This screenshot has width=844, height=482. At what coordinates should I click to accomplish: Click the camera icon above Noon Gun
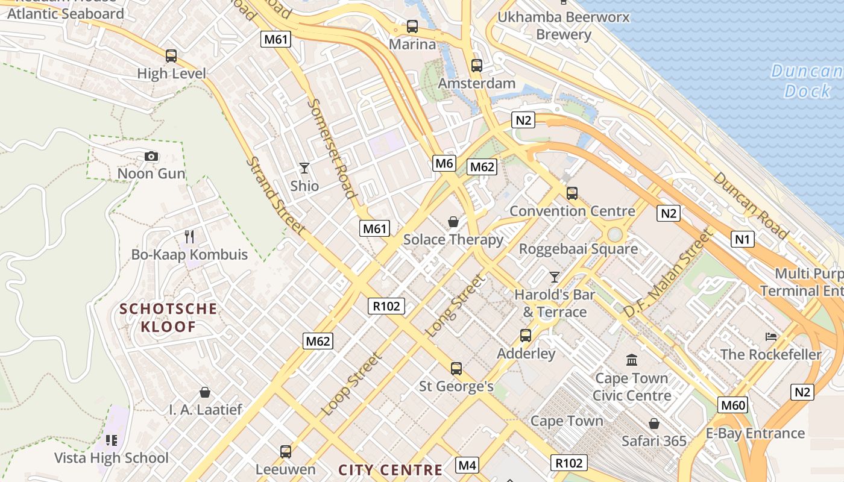pyautogui.click(x=151, y=157)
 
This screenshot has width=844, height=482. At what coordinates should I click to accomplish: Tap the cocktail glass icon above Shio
pyautogui.click(x=304, y=168)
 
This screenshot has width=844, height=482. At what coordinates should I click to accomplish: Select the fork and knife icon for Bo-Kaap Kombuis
pyautogui.click(x=189, y=236)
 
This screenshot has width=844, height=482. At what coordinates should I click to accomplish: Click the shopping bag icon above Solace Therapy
pyautogui.click(x=453, y=222)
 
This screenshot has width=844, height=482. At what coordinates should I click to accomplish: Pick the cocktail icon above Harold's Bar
pyautogui.click(x=555, y=277)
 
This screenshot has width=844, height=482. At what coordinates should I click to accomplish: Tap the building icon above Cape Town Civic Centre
pyautogui.click(x=632, y=360)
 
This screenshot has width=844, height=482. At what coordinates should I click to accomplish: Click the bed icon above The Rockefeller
pyautogui.click(x=770, y=336)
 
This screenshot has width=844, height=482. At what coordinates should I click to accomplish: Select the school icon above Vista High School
pyautogui.click(x=111, y=440)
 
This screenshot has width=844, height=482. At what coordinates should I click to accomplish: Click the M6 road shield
pyautogui.click(x=444, y=163)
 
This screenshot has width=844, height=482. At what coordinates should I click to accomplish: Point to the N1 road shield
pyautogui.click(x=743, y=239)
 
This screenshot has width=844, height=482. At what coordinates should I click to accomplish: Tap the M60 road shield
pyautogui.click(x=733, y=405)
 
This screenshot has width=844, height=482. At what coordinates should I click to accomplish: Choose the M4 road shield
pyautogui.click(x=467, y=465)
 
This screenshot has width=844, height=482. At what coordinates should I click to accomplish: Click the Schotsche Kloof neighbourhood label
pyautogui.click(x=168, y=318)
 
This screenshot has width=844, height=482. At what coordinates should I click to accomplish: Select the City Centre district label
pyautogui.click(x=391, y=470)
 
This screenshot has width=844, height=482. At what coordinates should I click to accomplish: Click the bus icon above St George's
pyautogui.click(x=456, y=368)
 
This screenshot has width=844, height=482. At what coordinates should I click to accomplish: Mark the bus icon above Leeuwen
pyautogui.click(x=286, y=451)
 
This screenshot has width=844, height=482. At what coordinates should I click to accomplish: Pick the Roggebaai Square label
pyautogui.click(x=578, y=249)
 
